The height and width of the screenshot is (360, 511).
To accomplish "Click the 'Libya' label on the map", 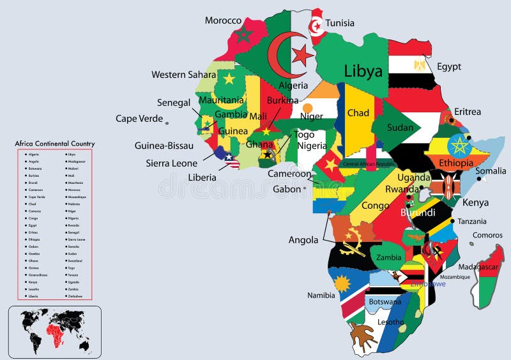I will click(363, 70).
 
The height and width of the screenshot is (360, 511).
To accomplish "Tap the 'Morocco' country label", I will click(223, 21).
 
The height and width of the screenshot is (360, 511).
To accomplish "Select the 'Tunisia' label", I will click(340, 23).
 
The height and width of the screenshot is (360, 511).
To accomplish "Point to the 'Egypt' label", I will click(449, 66).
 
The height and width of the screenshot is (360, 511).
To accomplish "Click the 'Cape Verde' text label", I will click(139, 118).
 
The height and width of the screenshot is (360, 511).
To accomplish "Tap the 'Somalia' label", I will click(491, 171).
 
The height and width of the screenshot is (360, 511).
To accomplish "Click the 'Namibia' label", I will click(321, 296).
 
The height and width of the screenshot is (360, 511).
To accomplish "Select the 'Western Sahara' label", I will click(183, 75).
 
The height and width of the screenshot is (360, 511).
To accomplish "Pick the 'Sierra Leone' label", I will click(171, 163).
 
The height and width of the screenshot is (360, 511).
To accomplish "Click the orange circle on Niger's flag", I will click(308, 107).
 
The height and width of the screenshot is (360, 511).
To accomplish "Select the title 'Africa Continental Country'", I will click(54, 144).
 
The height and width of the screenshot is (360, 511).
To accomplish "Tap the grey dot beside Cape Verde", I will click(167, 122).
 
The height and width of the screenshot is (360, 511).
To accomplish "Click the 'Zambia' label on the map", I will click(388, 258).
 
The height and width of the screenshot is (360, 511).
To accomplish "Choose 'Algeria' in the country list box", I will click(34, 154).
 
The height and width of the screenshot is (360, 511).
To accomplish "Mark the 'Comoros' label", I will click(487, 235).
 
